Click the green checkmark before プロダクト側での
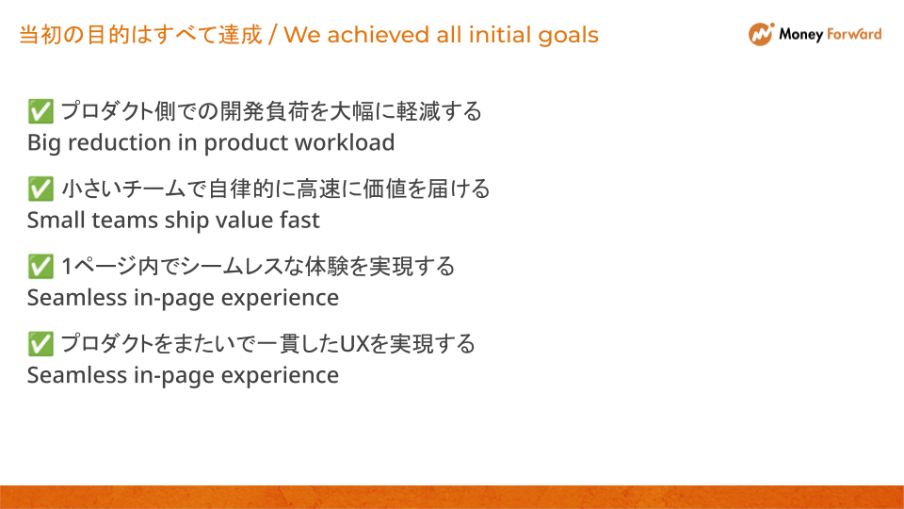tap(40, 112)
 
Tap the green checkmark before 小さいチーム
tap(40, 189)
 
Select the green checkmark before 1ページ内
tap(40, 267)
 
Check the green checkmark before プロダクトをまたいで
tap(40, 344)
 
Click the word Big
tap(43, 143)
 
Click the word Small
tap(54, 221)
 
